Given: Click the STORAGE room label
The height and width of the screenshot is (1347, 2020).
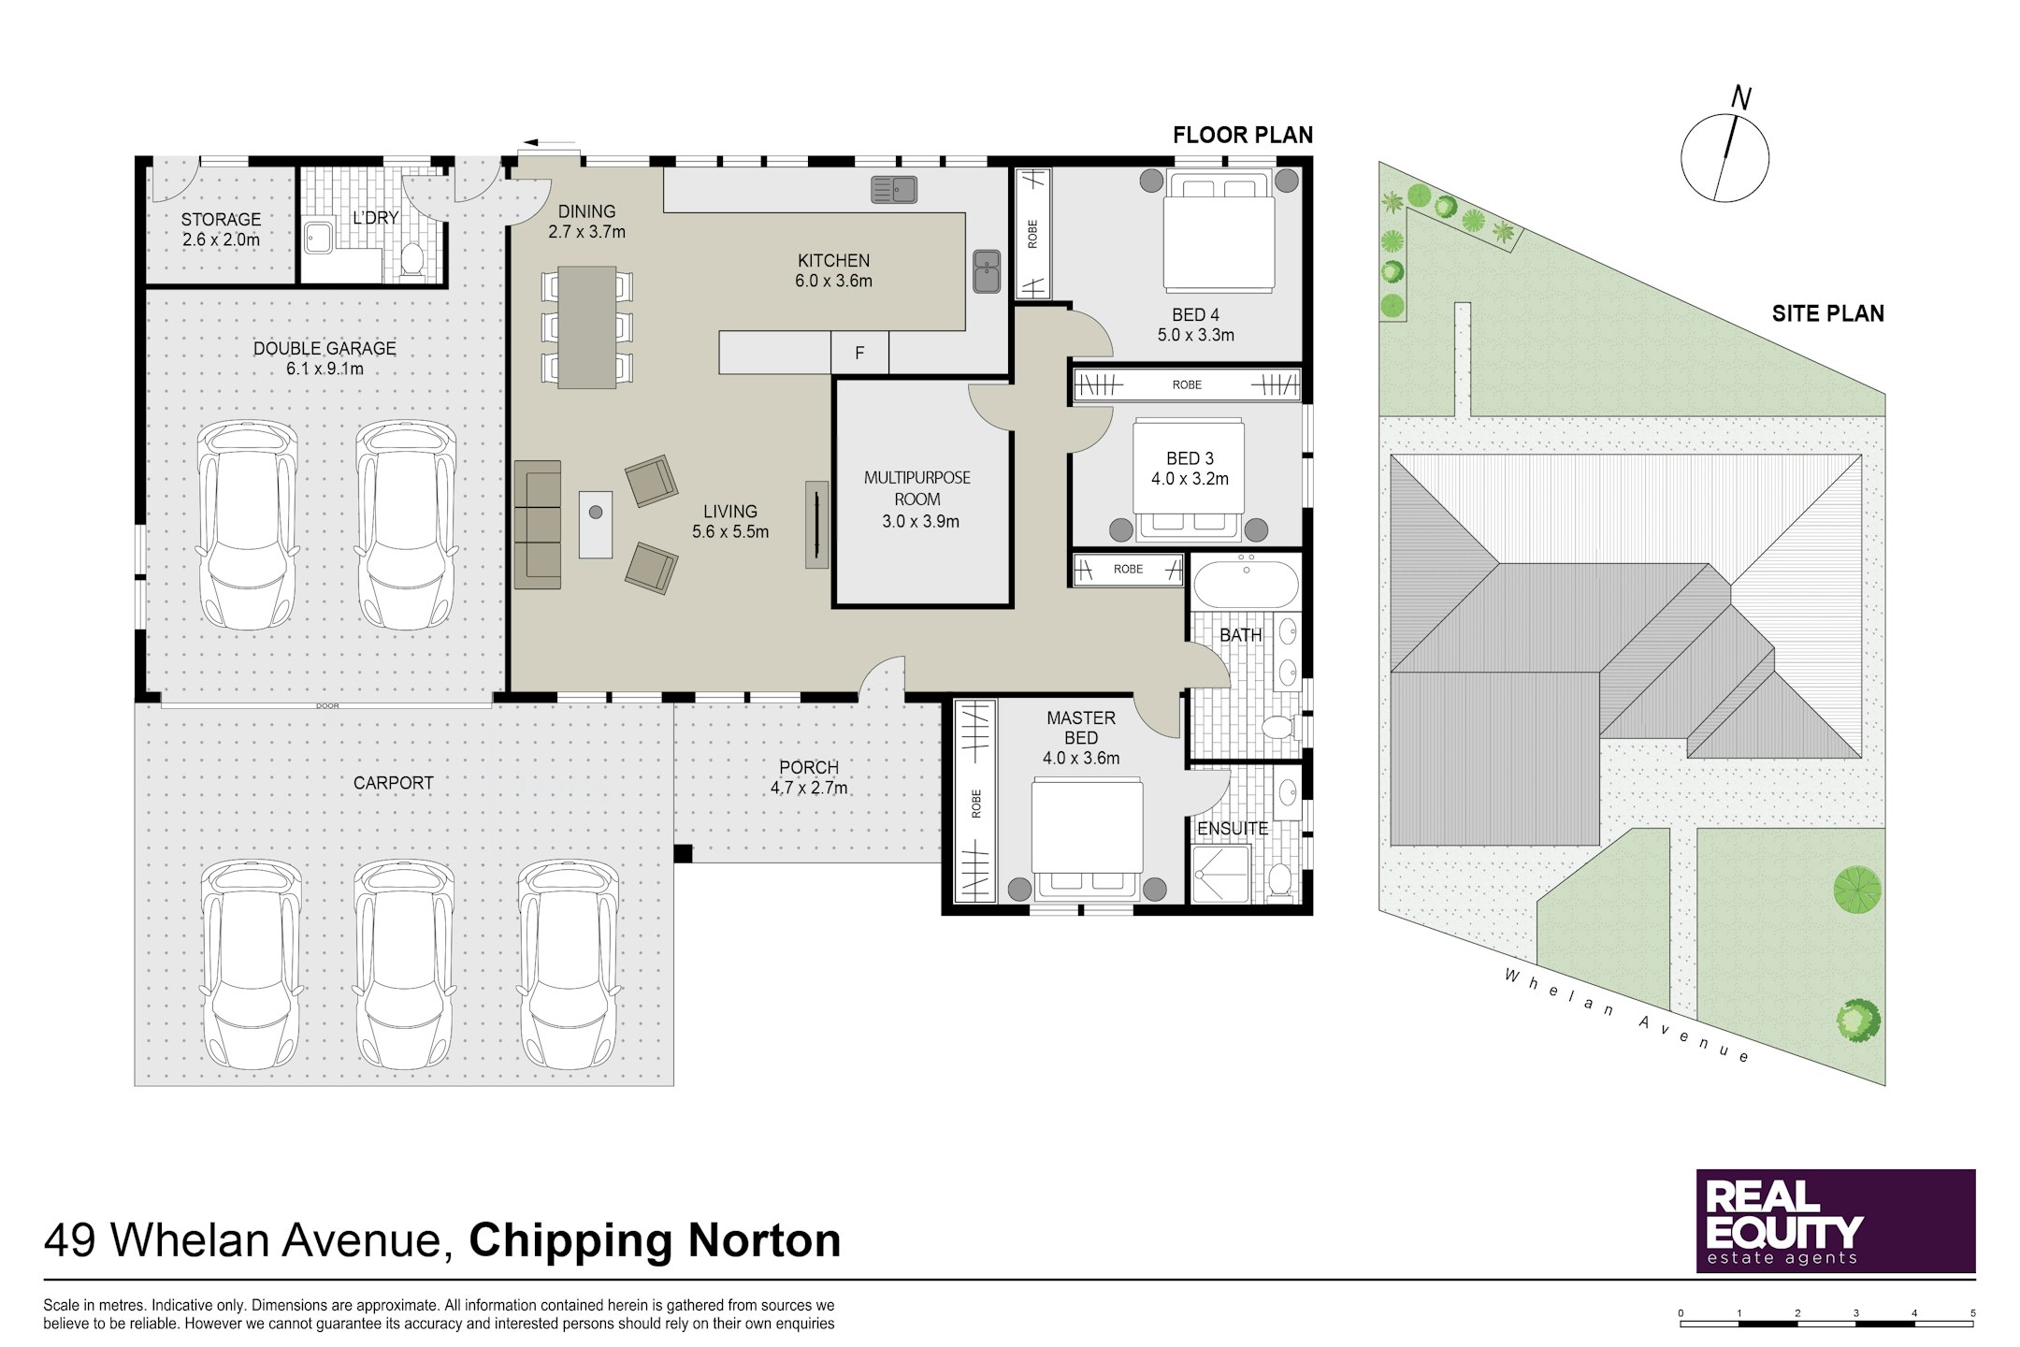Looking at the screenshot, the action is click(x=221, y=220).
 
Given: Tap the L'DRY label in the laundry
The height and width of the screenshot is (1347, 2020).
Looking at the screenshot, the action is click(x=375, y=218).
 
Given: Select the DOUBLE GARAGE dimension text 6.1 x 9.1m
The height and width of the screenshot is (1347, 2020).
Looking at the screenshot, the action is click(x=325, y=369).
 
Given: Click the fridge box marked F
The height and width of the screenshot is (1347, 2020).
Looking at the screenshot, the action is click(x=859, y=353).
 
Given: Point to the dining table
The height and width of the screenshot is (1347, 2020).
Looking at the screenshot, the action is click(x=587, y=327).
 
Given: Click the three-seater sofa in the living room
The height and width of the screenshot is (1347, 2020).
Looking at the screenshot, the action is click(x=538, y=525).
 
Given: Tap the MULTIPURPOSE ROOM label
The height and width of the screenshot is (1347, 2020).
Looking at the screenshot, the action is click(x=917, y=488).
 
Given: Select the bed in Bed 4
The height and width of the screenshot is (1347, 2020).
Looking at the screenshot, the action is click(x=1219, y=231).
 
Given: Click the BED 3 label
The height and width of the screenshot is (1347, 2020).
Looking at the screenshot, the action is click(x=1190, y=458).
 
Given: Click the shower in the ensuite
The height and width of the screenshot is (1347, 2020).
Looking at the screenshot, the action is click(x=1221, y=875).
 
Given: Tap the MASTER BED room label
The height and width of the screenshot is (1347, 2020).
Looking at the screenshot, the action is click(x=1081, y=728).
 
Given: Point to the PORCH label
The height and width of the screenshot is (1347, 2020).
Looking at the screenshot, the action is click(x=809, y=768).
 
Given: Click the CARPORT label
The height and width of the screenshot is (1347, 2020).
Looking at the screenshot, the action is click(x=393, y=783).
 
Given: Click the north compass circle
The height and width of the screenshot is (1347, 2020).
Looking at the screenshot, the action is click(x=1724, y=158).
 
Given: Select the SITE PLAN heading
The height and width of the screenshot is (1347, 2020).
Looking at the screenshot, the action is click(x=1827, y=313).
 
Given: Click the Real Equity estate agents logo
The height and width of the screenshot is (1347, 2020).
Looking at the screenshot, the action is click(x=1836, y=1221).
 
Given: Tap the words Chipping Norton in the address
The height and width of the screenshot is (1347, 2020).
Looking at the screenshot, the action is click(x=655, y=1241).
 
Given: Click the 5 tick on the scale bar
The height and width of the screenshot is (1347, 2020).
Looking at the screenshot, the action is click(x=1973, y=1313).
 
